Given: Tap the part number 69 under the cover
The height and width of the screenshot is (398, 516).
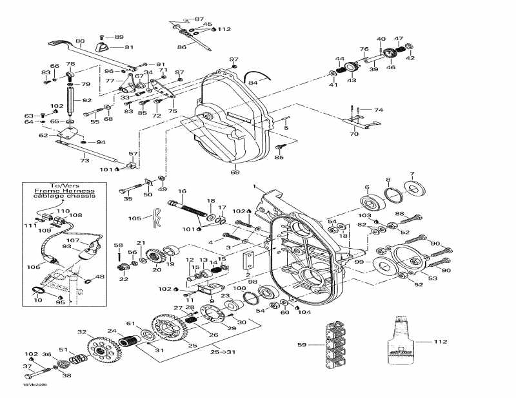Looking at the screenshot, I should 235,173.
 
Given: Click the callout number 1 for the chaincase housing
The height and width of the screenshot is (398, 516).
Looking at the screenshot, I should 255,186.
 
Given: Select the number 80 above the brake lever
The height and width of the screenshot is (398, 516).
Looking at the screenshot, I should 80,42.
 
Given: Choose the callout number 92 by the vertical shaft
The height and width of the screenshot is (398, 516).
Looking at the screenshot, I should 86,100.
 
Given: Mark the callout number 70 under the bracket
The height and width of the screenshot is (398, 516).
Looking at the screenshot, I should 353,135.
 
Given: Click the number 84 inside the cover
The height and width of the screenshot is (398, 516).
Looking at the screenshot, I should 252,83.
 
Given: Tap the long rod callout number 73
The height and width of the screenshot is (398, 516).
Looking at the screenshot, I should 84,160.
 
